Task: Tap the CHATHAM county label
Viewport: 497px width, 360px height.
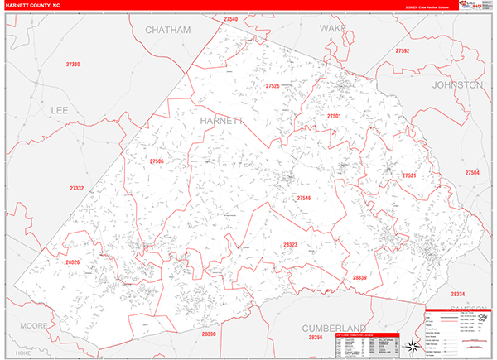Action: tap(167, 30)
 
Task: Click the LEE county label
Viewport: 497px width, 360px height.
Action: tap(60, 109)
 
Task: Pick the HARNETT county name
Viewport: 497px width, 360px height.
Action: tap(222, 121)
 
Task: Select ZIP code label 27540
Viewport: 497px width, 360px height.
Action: tap(229, 19)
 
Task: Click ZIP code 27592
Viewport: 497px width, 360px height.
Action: tap(403, 51)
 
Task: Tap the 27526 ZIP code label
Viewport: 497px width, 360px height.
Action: tap(273, 86)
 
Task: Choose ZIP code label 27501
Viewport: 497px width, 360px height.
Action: tap(334, 117)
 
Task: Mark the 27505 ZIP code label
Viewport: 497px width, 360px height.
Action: tap(157, 161)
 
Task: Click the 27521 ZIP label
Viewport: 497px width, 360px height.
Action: tap(408, 175)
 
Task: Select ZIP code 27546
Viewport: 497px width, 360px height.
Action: tap(304, 198)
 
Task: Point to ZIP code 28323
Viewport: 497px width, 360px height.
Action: tap(290, 245)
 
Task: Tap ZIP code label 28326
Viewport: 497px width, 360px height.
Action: tap(73, 262)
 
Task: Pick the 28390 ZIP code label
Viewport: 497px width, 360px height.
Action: tap(208, 334)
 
